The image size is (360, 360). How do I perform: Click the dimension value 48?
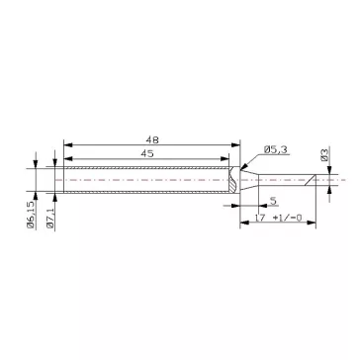[152, 140]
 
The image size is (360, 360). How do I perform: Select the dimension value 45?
[147, 154]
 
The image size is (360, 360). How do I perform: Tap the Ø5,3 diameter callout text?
[275, 150]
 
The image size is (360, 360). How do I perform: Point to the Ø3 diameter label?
[324, 154]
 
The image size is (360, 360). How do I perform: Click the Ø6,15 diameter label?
[31, 214]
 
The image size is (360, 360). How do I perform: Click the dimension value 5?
[273, 201]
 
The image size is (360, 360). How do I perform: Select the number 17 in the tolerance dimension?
[260, 218]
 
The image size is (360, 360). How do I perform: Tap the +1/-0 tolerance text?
[288, 218]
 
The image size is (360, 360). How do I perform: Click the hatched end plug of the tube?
[234, 180]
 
